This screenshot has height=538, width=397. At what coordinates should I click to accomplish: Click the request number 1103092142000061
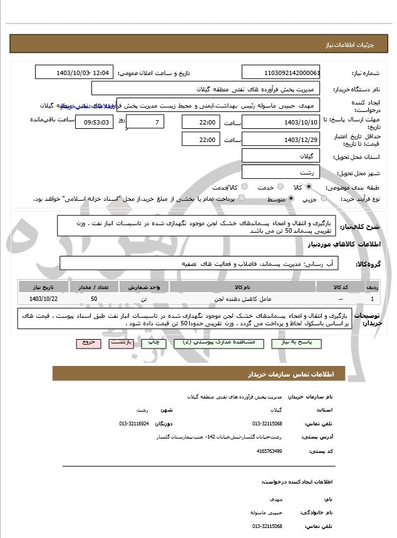click(281, 73)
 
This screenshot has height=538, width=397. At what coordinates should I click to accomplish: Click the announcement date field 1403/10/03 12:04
click(74, 73)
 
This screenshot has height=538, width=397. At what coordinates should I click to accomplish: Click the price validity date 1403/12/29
click(281, 140)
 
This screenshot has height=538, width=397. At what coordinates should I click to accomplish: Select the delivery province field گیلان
click(281, 156)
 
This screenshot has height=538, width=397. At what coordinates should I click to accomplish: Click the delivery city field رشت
click(281, 172)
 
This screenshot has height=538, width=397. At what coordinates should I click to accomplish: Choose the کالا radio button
click(309, 187)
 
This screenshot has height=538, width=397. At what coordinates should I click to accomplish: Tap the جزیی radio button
click(324, 199)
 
